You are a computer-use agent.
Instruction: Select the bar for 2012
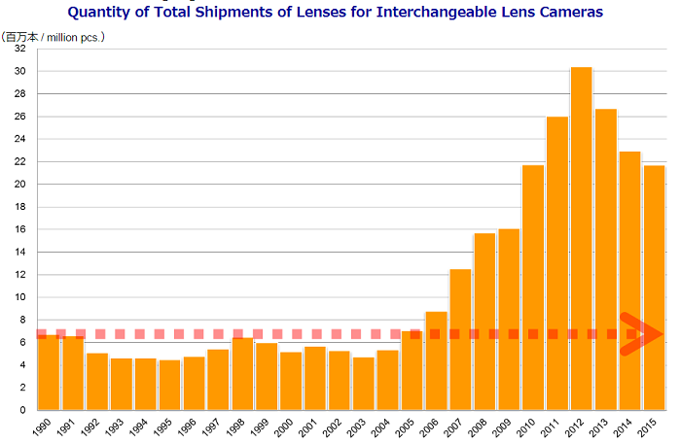coord(582,238)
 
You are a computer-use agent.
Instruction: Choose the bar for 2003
coord(364,384)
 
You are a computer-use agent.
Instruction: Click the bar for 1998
coord(242,373)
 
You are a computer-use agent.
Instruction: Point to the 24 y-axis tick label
coord(19,139)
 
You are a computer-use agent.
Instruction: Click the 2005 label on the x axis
coord(408,426)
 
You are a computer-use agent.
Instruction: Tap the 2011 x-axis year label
coord(553,426)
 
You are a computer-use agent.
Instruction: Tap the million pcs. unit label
coord(74,38)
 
